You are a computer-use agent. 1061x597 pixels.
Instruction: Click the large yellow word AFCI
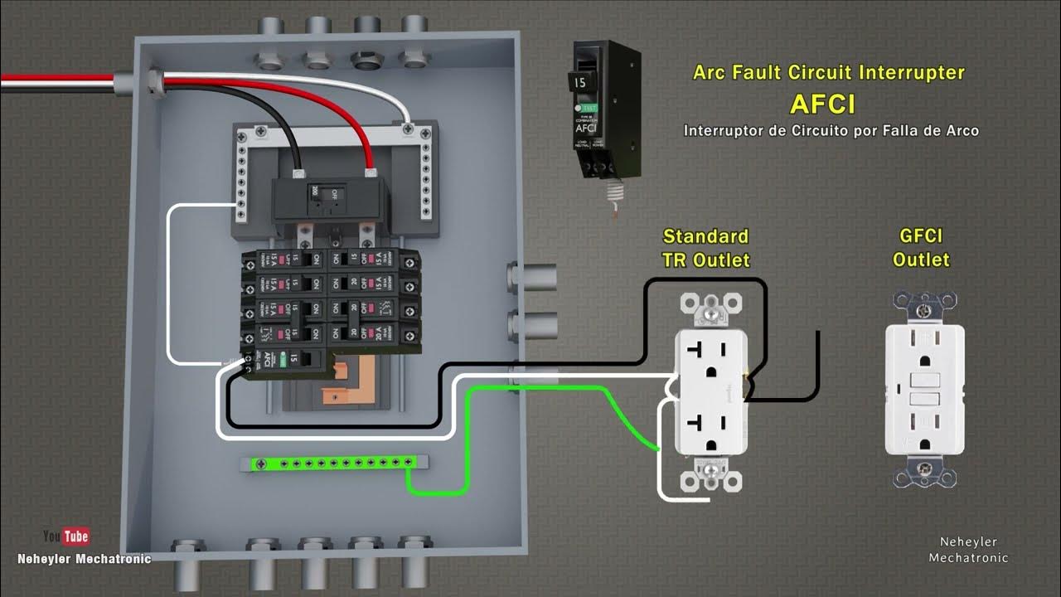822,104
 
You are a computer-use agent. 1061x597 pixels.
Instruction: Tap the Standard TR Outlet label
705,248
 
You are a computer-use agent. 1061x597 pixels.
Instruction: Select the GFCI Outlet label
920,248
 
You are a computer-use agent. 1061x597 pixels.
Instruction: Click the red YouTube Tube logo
76,536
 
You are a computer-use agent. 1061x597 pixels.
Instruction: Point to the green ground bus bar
332,463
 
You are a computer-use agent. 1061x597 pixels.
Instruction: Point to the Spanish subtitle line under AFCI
831,131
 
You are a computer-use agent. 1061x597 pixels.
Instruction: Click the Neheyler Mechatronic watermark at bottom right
968,550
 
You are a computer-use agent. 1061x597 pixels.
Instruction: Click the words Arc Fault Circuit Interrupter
828,73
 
